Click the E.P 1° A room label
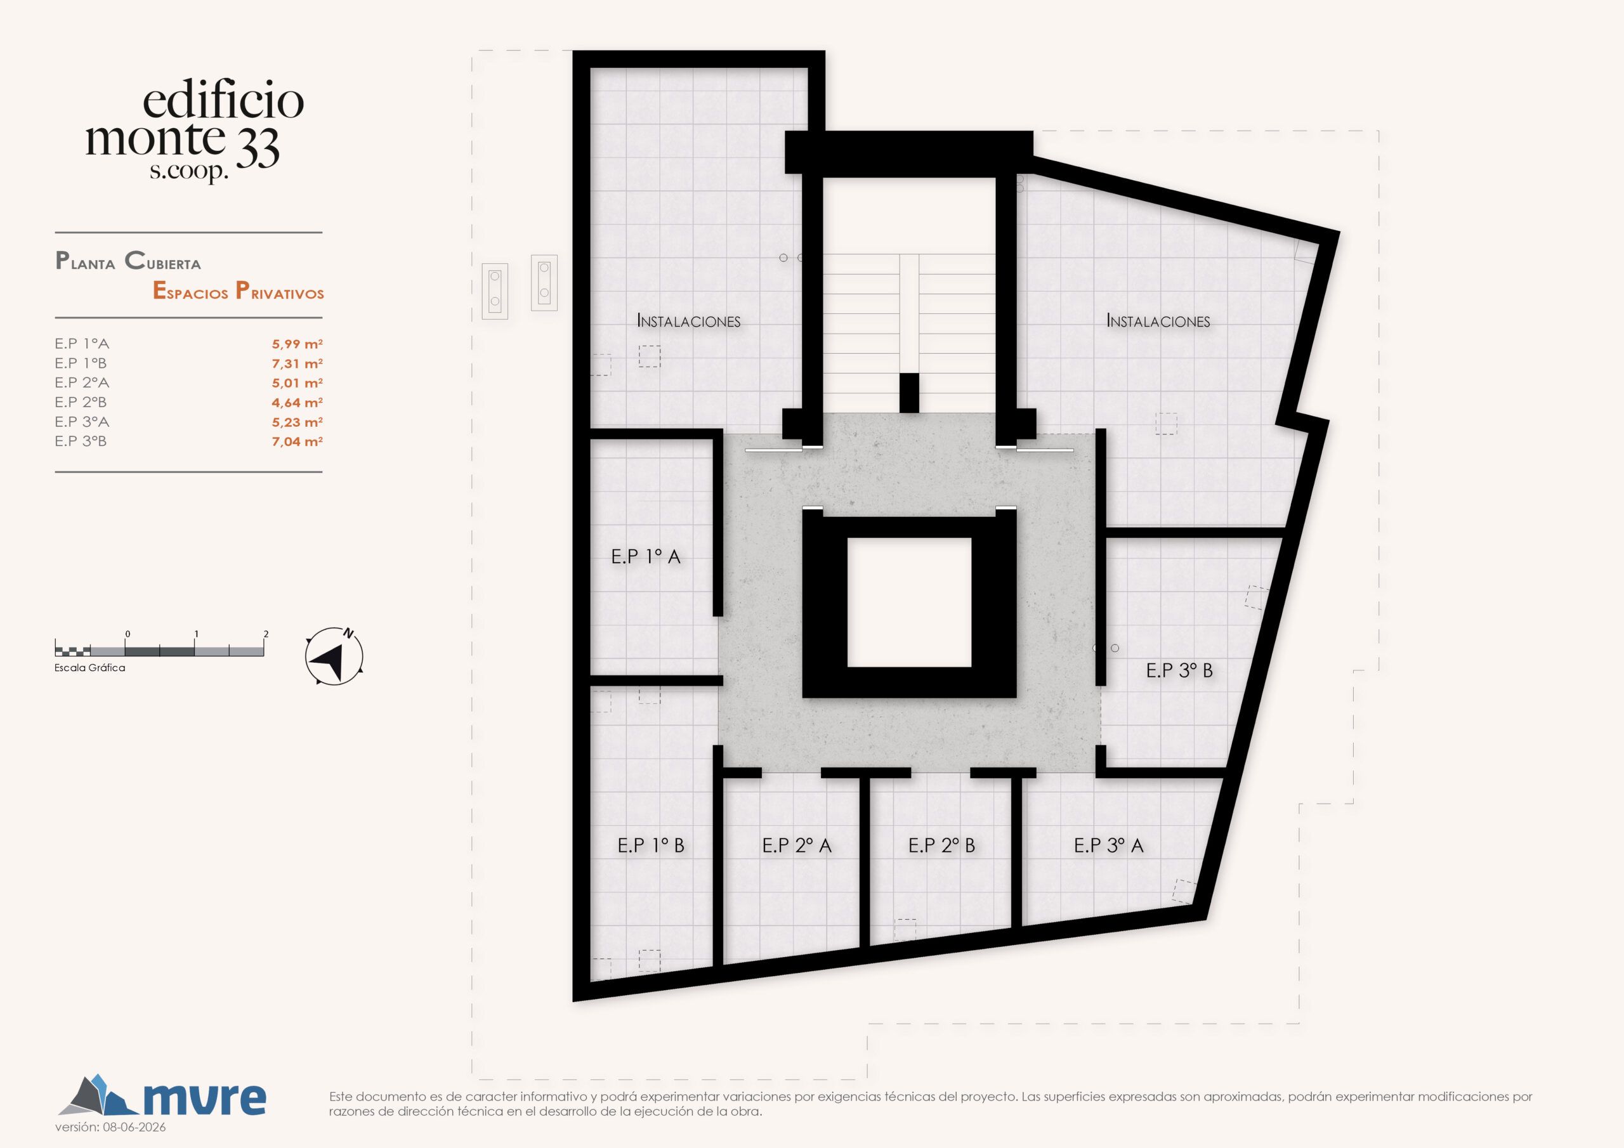coord(646,557)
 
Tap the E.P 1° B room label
coord(651,845)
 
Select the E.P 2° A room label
coord(796,845)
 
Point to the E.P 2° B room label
coord(941,845)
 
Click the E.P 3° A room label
coord(1108,845)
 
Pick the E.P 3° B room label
coord(1179,670)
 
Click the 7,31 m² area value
coord(297,363)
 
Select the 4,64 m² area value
coord(297,403)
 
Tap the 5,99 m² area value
coord(297,344)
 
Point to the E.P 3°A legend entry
coord(82,422)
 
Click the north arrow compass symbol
coord(334,656)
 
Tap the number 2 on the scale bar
coord(266,634)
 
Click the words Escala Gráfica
coord(90,668)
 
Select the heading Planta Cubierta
coord(128,261)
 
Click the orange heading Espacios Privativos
coord(239,290)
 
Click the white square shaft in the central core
coord(909,602)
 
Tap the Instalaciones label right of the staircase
coord(1158,321)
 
